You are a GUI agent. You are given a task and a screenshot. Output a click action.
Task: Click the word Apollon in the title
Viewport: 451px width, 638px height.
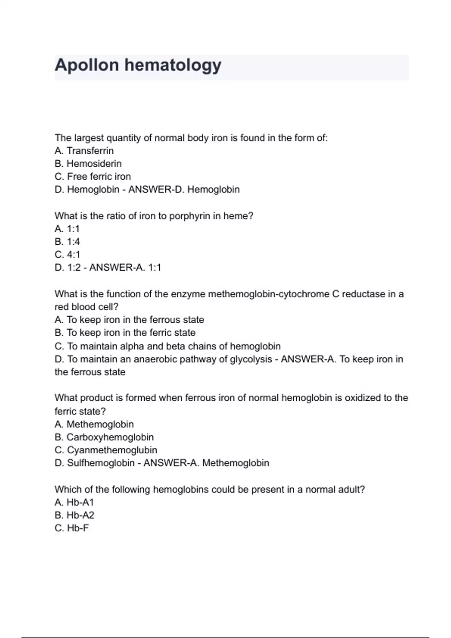pyautogui.click(x=87, y=65)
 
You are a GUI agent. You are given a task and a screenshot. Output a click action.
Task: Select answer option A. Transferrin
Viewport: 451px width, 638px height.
pyautogui.click(x=84, y=151)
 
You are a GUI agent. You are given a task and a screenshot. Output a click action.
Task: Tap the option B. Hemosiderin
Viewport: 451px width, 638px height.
pyautogui.click(x=88, y=164)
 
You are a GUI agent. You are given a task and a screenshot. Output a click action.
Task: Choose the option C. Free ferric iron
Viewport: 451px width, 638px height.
pyautogui.click(x=92, y=176)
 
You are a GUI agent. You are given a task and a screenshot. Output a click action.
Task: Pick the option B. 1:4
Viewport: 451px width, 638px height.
pyautogui.click(x=67, y=242)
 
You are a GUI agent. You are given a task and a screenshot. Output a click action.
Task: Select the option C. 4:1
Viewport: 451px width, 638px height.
pyautogui.click(x=67, y=254)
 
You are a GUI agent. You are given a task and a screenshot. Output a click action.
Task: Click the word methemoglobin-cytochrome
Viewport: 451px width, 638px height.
pyautogui.click(x=269, y=294)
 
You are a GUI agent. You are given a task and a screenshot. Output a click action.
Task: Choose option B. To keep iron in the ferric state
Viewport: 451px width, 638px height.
pyautogui.click(x=125, y=333)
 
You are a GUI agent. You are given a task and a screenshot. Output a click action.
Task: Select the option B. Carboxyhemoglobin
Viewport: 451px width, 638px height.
pyautogui.click(x=104, y=437)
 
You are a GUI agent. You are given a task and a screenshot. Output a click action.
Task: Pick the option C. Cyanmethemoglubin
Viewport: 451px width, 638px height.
pyautogui.click(x=106, y=450)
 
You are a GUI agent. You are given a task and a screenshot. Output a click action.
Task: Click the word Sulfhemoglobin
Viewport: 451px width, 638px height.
pyautogui.click(x=101, y=463)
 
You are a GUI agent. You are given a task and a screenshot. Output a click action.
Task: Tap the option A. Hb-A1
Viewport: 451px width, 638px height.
pyautogui.click(x=74, y=502)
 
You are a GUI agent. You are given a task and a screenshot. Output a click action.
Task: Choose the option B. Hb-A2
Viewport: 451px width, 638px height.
pyautogui.click(x=74, y=515)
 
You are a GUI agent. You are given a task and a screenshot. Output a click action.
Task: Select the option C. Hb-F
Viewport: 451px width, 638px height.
pyautogui.click(x=72, y=528)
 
